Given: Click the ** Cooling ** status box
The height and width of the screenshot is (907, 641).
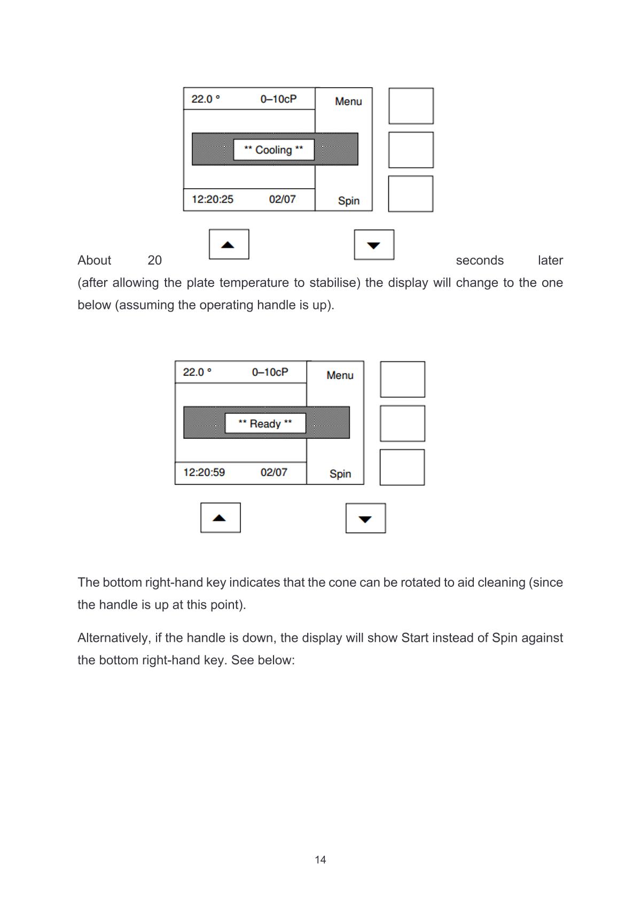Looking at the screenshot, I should click(273, 150).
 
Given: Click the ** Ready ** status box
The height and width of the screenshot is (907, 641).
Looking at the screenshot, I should click(265, 423).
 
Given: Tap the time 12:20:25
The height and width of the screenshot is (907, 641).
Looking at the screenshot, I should click(213, 199).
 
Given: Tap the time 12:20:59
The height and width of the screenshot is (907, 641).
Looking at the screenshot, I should click(204, 472).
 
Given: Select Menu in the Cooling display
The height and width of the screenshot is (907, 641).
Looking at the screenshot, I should click(348, 102).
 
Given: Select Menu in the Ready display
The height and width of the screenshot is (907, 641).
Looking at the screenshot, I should click(340, 375).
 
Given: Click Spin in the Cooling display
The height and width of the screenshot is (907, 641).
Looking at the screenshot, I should click(348, 200).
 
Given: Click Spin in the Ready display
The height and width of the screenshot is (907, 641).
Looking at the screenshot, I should click(340, 474).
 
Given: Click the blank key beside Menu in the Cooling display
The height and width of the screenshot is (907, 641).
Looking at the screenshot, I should click(411, 106).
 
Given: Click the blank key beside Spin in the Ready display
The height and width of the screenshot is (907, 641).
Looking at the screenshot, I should click(402, 468).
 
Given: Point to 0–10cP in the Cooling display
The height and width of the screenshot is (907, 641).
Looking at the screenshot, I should click(278, 99).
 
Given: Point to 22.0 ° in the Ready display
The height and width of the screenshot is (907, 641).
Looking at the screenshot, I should click(197, 372).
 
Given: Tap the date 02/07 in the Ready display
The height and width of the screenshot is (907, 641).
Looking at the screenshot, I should click(273, 472).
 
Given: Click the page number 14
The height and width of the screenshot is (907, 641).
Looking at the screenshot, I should click(320, 860).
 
